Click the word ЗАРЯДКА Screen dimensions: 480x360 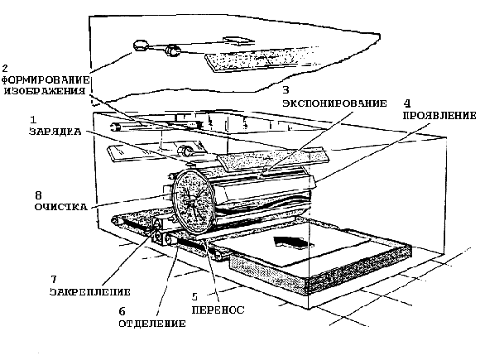(55, 132)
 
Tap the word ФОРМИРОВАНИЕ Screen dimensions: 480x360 (46, 80)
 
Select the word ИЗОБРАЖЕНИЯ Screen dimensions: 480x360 (45, 91)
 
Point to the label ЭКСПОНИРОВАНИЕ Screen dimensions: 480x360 (334, 103)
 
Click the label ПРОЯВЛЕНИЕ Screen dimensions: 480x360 (439, 115)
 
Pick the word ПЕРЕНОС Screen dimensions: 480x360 (218, 310)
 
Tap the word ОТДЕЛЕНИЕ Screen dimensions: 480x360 (152, 324)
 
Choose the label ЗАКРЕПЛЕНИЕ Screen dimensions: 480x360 (90, 292)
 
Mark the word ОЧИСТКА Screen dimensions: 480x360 (61, 207)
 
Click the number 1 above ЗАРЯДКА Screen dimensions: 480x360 (33, 119)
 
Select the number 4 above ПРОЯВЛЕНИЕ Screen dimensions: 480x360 (407, 103)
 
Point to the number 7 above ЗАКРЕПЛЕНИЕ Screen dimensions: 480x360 (54, 279)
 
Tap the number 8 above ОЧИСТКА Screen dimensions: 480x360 (38, 195)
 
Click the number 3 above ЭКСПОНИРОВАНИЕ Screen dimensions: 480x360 (286, 90)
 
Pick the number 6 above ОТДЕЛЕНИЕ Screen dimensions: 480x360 (122, 311)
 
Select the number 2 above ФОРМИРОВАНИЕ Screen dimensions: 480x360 (5, 68)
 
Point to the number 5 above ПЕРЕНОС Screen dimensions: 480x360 (194, 296)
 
